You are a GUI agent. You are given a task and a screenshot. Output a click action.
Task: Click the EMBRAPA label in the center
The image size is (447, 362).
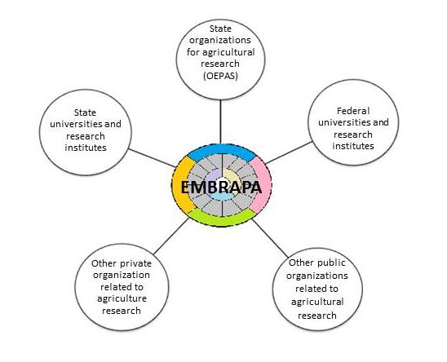[221, 188]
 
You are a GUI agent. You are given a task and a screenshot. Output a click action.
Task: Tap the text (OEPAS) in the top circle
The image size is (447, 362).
[220, 76]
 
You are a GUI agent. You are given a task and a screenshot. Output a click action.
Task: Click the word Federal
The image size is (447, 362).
[353, 111]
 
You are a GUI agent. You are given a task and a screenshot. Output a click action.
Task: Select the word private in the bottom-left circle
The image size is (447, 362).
[135, 263]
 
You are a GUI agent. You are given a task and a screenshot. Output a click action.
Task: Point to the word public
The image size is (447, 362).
[330, 263]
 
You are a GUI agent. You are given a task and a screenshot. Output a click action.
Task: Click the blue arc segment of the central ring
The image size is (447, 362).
[222, 150]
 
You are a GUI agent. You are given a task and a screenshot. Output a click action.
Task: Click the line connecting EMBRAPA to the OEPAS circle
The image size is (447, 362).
[220, 121]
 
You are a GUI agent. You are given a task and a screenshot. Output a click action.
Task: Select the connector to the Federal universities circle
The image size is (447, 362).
[289, 152]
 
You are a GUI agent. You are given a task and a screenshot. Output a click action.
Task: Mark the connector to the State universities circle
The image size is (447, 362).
[152, 157]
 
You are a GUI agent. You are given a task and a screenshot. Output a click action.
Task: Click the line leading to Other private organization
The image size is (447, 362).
[171, 236]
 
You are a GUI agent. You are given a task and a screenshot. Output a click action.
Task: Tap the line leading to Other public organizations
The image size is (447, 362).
[270, 238]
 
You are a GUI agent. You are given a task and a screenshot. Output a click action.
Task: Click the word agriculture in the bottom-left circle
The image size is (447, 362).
[122, 298]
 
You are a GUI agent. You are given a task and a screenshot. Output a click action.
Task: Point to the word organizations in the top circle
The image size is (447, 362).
[220, 41]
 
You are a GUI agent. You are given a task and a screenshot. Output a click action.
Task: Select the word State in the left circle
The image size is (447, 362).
[85, 113]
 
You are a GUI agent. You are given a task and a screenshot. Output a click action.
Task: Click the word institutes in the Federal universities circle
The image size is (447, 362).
[353, 146]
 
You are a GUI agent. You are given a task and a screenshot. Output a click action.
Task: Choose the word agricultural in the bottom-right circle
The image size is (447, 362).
[317, 302]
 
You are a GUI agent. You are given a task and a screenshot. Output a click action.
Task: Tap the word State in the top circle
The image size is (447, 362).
[220, 29]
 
